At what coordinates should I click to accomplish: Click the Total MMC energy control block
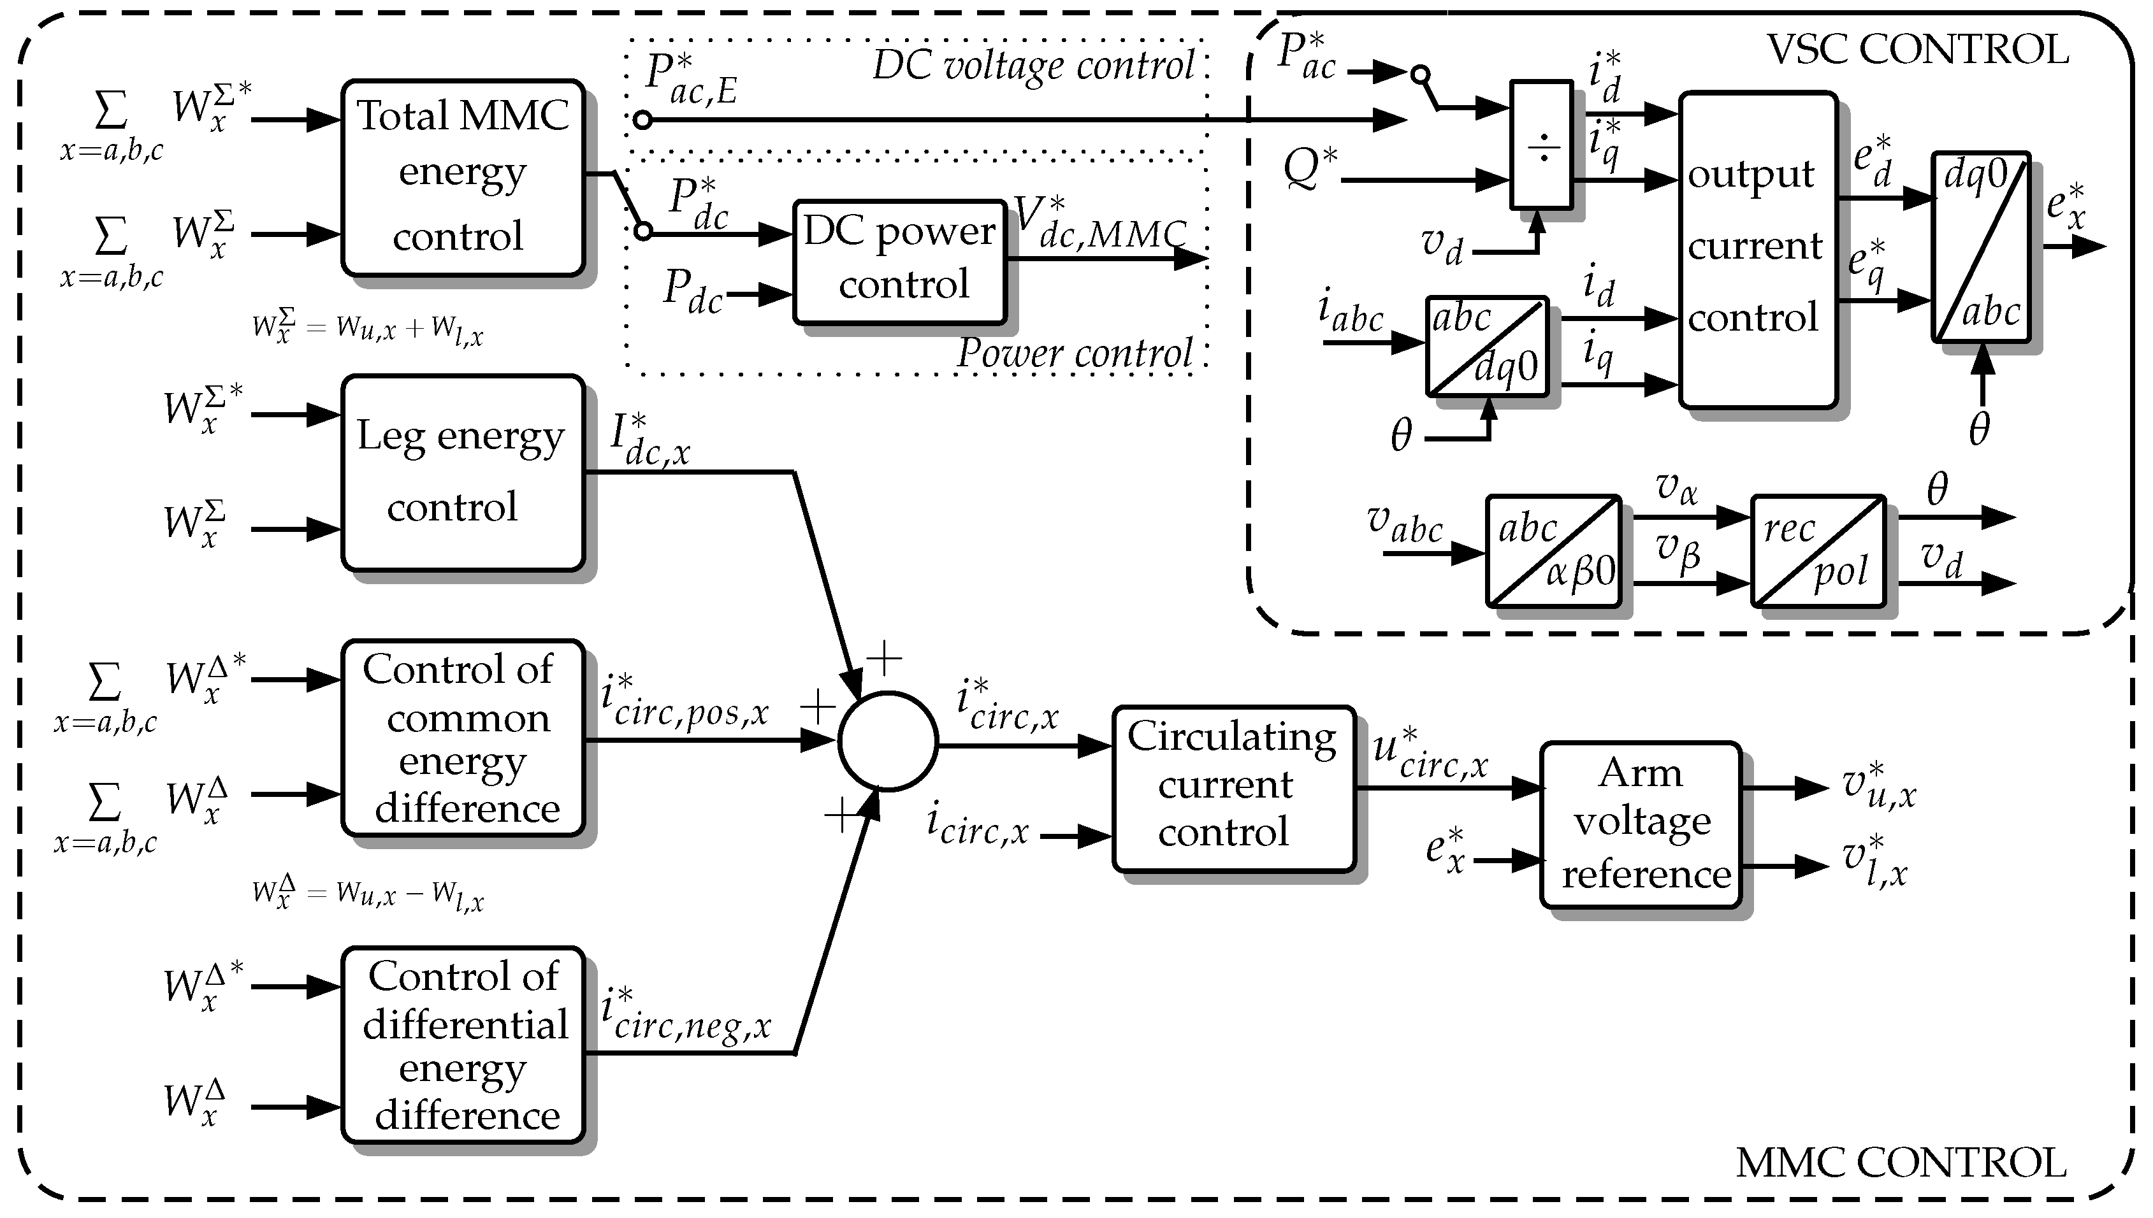(463, 177)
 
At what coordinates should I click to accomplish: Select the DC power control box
(899, 261)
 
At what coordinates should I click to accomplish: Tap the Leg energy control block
(463, 473)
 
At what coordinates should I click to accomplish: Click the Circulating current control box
(1233, 789)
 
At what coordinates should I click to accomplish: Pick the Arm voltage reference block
(1640, 824)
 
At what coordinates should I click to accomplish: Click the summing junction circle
(887, 740)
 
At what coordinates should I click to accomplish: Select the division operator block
(1541, 145)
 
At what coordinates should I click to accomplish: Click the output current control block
(1757, 249)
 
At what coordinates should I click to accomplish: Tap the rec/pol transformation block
(1818, 550)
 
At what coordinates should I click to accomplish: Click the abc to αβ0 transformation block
(1553, 550)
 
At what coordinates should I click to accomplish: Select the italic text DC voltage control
(1033, 65)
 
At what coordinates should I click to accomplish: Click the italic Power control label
(1075, 353)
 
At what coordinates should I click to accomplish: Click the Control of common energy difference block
(463, 738)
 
